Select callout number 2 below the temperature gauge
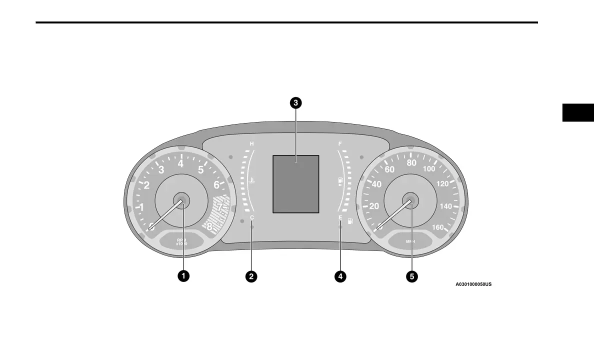click(x=251, y=275)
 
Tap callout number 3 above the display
click(x=296, y=103)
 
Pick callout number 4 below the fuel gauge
click(x=340, y=275)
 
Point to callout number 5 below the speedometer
click(x=411, y=275)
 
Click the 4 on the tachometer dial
click(x=180, y=163)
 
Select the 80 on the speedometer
click(x=411, y=163)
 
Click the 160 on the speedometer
click(x=437, y=227)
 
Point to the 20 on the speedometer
click(x=374, y=206)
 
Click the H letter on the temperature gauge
click(x=251, y=144)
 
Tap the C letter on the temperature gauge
click(x=252, y=218)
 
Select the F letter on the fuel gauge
click(x=340, y=144)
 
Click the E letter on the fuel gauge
click(x=340, y=218)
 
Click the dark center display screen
click(x=295, y=184)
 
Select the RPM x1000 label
click(x=181, y=242)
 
